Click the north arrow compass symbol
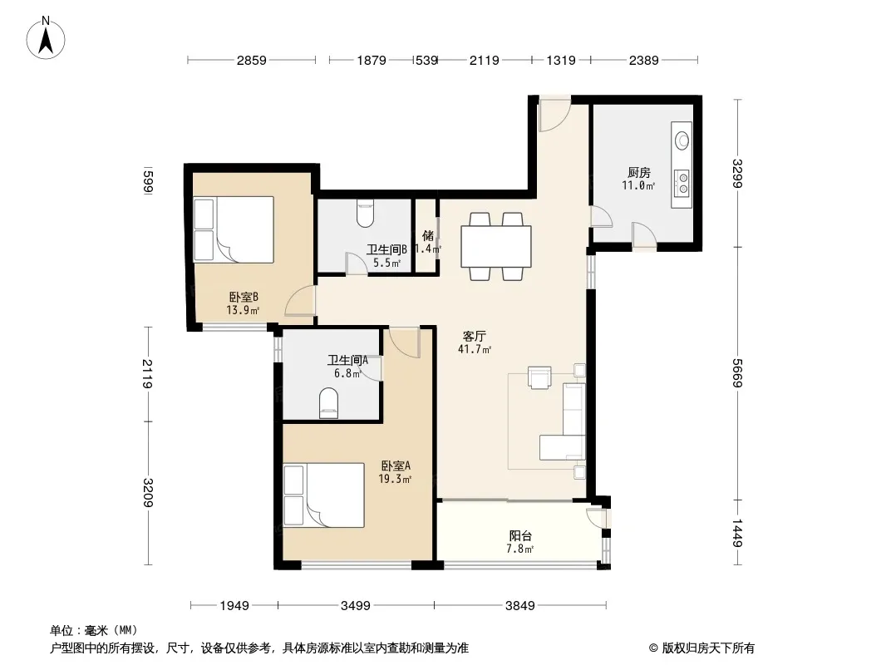(x=46, y=38)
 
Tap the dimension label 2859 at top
(x=252, y=60)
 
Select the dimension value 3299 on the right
(x=737, y=173)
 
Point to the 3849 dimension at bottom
(x=519, y=606)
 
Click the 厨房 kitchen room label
(x=638, y=172)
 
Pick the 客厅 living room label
(x=474, y=336)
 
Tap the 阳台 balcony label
(x=519, y=535)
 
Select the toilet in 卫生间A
(x=328, y=403)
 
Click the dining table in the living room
(x=495, y=246)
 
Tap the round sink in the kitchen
(x=682, y=140)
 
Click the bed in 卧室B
(x=234, y=229)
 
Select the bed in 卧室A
(x=324, y=495)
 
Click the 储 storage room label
(x=428, y=235)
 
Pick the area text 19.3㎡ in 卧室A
(x=395, y=479)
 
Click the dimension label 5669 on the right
(x=737, y=373)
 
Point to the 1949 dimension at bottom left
(x=234, y=606)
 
